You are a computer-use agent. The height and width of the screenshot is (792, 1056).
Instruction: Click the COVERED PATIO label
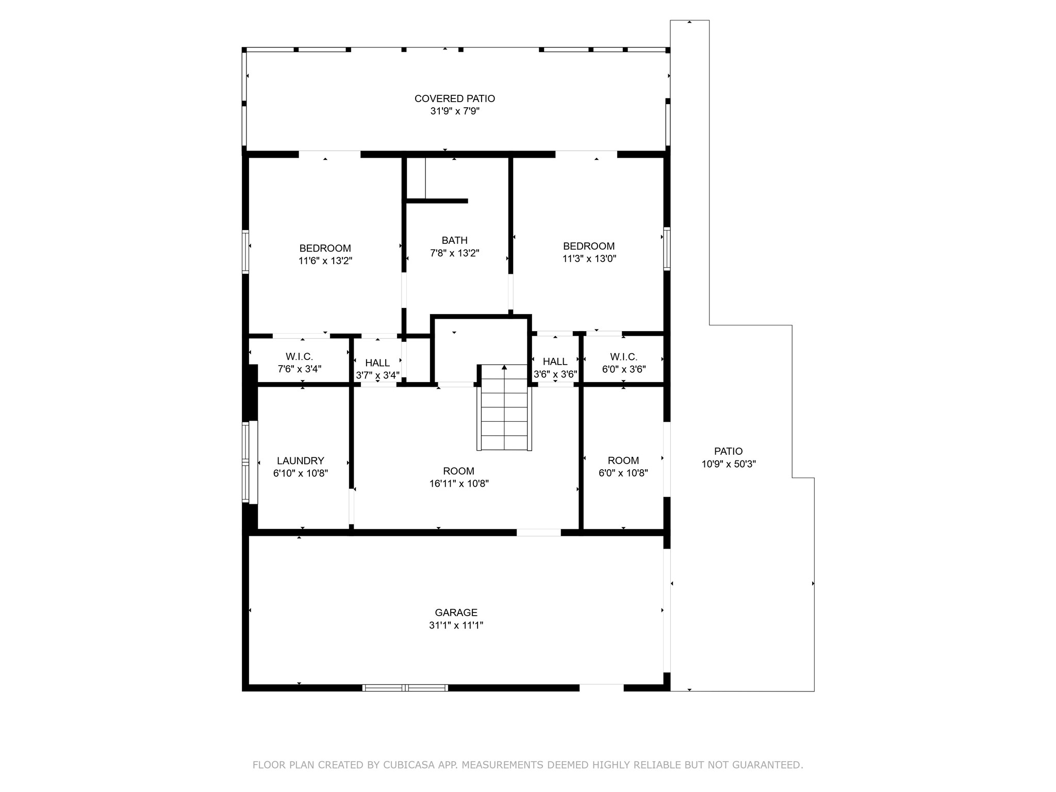point(454,98)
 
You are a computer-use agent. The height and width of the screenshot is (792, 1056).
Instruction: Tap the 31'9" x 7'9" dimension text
point(454,111)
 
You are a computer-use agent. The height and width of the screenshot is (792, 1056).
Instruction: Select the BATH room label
point(454,240)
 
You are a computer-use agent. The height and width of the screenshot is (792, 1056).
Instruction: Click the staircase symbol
point(504,407)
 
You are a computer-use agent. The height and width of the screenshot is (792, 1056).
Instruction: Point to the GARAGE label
point(456,613)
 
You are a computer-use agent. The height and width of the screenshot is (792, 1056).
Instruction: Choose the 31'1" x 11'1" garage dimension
point(456,625)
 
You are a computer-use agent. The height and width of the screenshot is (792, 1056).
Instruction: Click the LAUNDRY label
point(300,461)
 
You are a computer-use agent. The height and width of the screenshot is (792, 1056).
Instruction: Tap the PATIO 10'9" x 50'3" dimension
point(728,464)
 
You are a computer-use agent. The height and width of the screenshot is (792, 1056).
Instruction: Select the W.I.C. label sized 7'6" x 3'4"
point(299,357)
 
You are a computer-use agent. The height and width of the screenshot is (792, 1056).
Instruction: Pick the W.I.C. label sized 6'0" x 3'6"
point(623,357)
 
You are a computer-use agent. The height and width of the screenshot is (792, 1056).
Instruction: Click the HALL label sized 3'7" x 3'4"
point(377,363)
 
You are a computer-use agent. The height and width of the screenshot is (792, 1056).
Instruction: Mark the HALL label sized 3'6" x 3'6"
point(555,361)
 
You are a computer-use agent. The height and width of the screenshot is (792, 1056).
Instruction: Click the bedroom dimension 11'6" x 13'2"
point(325,261)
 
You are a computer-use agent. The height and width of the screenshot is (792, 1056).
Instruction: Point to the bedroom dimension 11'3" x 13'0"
point(589,259)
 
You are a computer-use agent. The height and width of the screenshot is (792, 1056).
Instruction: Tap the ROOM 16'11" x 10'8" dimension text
point(458,484)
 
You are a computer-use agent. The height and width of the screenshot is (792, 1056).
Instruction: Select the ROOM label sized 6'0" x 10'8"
point(623,460)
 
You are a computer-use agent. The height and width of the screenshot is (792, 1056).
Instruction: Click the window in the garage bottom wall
point(405,687)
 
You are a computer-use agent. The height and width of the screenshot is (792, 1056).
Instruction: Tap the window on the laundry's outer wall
point(246,461)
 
